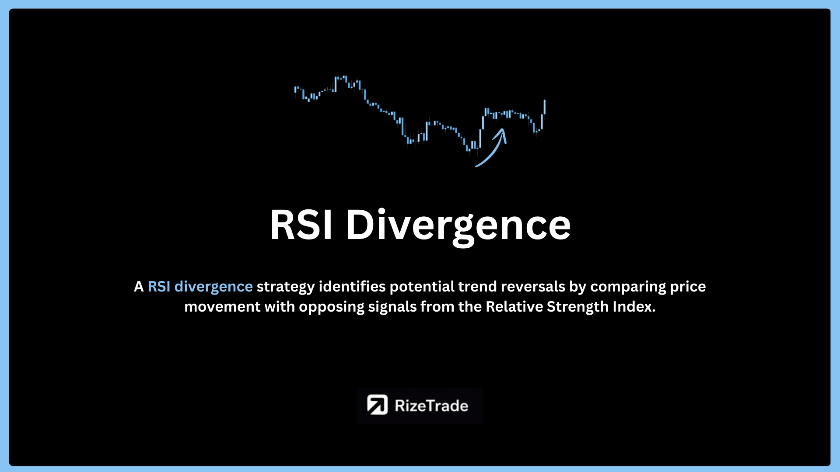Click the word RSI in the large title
point(301,225)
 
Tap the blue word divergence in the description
point(213,287)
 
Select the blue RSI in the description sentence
point(159,287)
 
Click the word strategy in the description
point(285,287)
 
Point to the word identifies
point(352,287)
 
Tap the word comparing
point(628,287)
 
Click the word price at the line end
point(688,287)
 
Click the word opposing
point(331,307)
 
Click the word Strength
point(577,307)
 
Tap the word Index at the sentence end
point(634,307)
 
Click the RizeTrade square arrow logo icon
point(377,405)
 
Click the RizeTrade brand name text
point(431,406)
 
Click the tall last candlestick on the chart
point(545,107)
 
